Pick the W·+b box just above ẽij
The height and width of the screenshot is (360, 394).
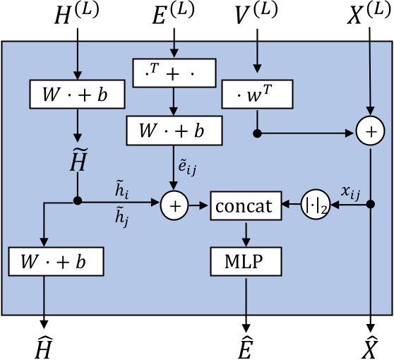173,130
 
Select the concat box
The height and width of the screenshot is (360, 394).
246,205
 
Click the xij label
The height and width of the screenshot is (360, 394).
350,191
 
